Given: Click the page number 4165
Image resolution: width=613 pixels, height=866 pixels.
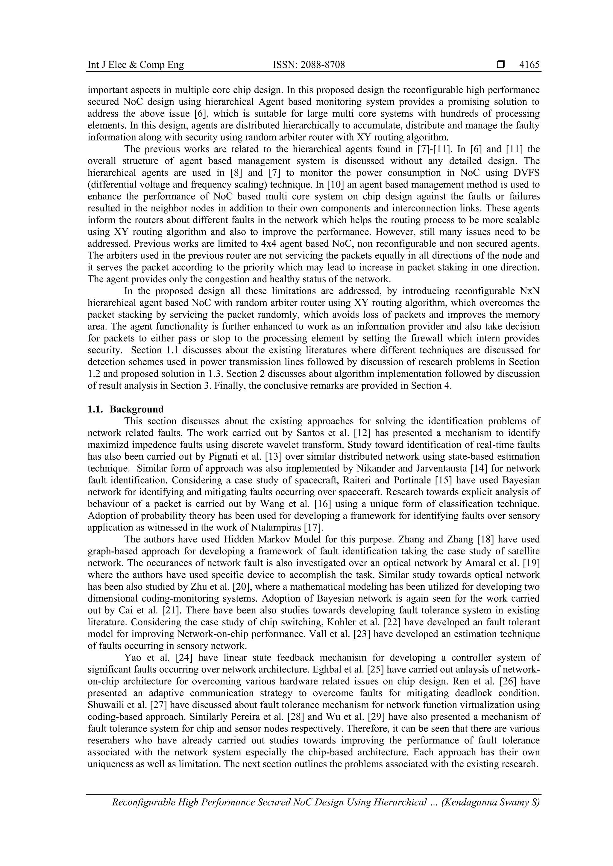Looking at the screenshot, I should [529, 65].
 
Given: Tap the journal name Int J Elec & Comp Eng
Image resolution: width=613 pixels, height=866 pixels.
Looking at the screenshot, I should [136, 65].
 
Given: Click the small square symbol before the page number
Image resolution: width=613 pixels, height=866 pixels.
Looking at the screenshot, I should [501, 65].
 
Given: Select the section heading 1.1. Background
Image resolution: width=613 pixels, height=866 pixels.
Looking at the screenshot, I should [126, 409].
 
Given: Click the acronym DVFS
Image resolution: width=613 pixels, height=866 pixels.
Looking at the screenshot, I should [525, 173].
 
